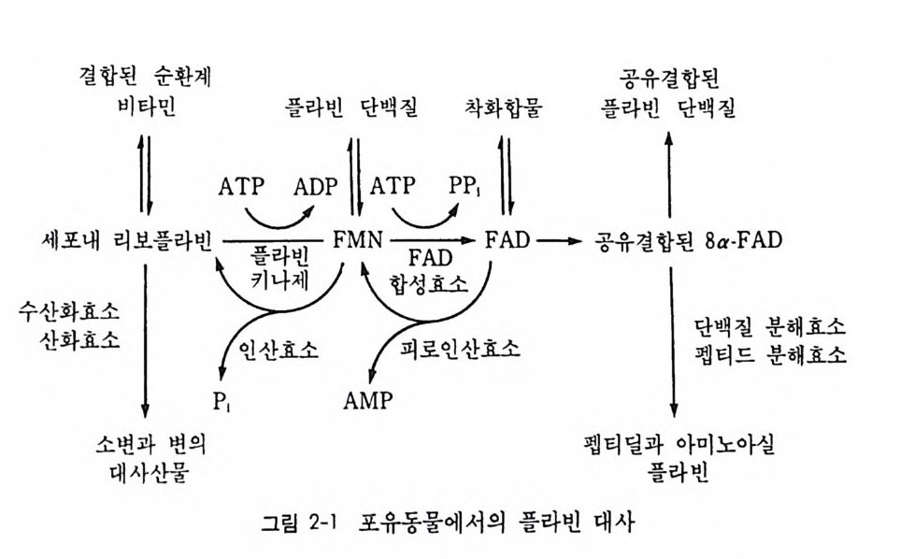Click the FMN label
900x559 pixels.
tap(357, 240)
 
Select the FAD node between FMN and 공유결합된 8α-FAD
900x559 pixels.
tap(507, 240)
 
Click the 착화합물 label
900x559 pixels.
tap(504, 108)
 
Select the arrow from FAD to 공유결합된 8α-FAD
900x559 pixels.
tap(556, 240)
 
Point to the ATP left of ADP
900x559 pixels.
tap(242, 187)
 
